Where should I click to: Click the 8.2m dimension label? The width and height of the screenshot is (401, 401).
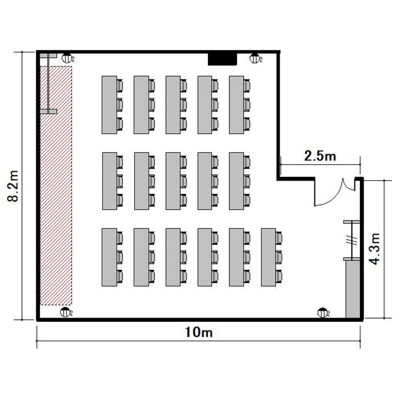(13, 186)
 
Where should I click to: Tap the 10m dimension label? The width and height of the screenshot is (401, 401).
(199, 332)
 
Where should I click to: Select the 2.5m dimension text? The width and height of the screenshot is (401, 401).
(320, 156)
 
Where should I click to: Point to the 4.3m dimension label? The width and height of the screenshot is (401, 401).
(375, 249)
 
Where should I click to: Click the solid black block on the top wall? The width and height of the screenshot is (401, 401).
(222, 59)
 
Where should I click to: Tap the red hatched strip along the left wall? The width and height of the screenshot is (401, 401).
(56, 186)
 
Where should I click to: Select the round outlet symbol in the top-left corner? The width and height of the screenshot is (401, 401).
(66, 58)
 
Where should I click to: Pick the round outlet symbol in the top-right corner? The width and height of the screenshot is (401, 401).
(254, 58)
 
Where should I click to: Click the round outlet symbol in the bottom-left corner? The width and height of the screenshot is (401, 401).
(65, 313)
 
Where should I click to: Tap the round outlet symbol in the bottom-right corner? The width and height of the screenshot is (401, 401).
(322, 313)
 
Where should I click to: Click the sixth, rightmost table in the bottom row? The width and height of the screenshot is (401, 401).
(268, 257)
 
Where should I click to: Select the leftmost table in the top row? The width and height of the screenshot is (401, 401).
(109, 105)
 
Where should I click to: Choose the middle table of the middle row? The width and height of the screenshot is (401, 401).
(173, 181)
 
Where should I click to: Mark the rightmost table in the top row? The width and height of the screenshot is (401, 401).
(236, 105)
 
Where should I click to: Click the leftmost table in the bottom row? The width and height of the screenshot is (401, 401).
(109, 257)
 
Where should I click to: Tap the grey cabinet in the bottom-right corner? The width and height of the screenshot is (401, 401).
(353, 289)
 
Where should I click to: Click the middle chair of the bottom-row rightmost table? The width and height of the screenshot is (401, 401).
(279, 257)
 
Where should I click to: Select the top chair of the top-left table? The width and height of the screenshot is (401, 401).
(120, 86)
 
